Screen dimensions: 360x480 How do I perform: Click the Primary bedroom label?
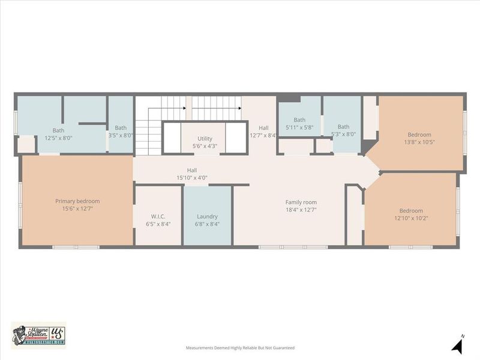pyautogui.click(x=77, y=201)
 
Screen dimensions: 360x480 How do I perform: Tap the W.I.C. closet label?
pyautogui.click(x=158, y=216)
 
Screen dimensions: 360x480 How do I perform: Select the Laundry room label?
pyautogui.click(x=207, y=216)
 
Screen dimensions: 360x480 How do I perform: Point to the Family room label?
pyautogui.click(x=301, y=202)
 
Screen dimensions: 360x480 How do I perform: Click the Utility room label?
pyautogui.click(x=205, y=139)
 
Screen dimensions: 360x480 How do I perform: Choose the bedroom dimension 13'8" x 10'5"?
pyautogui.click(x=419, y=142)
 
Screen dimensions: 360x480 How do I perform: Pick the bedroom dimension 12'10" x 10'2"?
pyautogui.click(x=411, y=218)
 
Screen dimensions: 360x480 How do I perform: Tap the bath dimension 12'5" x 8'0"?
pyautogui.click(x=58, y=137)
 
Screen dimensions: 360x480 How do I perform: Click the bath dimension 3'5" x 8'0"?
pyautogui.click(x=121, y=135)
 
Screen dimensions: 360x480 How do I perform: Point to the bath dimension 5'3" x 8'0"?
pyautogui.click(x=343, y=134)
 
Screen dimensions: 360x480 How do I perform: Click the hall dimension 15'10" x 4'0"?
pyautogui.click(x=191, y=178)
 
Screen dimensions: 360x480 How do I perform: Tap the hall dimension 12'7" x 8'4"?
pyautogui.click(x=264, y=136)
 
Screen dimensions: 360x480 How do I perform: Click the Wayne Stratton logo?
pyautogui.click(x=38, y=334)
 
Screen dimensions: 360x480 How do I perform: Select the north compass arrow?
pyautogui.click(x=458, y=345)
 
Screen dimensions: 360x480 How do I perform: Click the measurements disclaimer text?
pyautogui.click(x=240, y=347)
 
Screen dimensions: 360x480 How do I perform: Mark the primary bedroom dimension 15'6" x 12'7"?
pyautogui.click(x=77, y=208)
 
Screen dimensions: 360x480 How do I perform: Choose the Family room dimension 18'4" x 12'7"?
pyautogui.click(x=301, y=209)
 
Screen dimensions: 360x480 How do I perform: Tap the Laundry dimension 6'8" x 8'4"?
pyautogui.click(x=207, y=224)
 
